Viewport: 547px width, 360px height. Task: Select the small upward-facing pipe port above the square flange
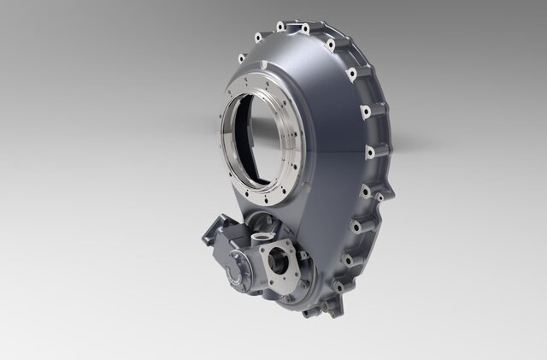[x=261, y=229]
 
